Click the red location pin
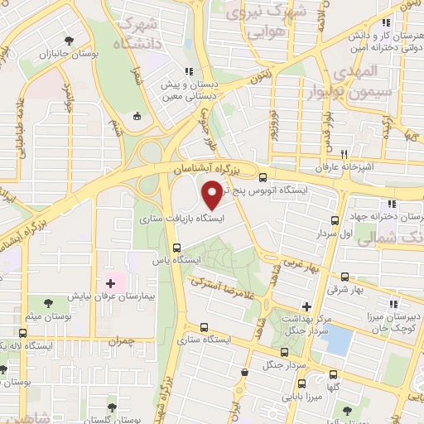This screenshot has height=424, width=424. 213,195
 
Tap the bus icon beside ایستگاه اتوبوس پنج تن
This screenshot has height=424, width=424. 263,177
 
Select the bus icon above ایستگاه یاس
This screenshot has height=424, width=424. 176,248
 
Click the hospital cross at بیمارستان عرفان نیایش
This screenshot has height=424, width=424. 110,284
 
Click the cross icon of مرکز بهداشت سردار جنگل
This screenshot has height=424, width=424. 306,307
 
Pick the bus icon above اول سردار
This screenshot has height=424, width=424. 335,220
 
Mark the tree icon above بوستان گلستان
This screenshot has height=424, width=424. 112,406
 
